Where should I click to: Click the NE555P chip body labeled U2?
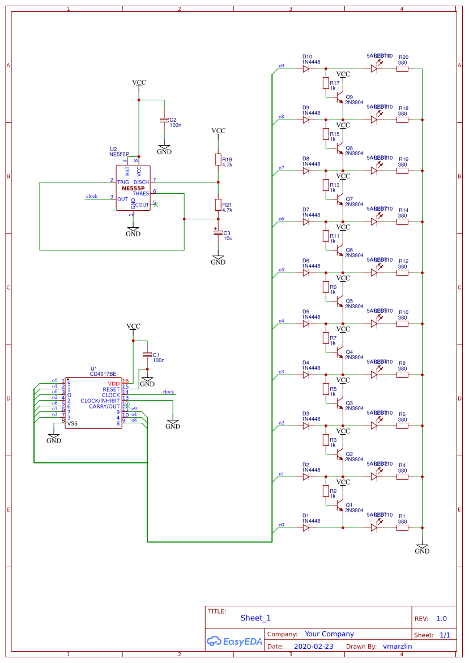133,188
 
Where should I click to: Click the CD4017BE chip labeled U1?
93,403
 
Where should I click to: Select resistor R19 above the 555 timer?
218,159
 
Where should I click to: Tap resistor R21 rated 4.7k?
218,205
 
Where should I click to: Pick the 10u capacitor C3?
218,233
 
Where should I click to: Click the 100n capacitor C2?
164,120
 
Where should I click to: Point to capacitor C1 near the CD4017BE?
147,355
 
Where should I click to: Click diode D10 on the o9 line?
306,69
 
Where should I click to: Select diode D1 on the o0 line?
306,528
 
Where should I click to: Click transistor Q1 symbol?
340,506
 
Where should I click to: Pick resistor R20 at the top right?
402,69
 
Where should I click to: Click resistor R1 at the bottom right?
402,528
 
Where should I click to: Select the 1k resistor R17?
326,83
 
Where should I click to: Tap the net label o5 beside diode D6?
281,270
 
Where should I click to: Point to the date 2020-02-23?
313,646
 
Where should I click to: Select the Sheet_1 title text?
255,618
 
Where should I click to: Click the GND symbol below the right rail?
422,549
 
